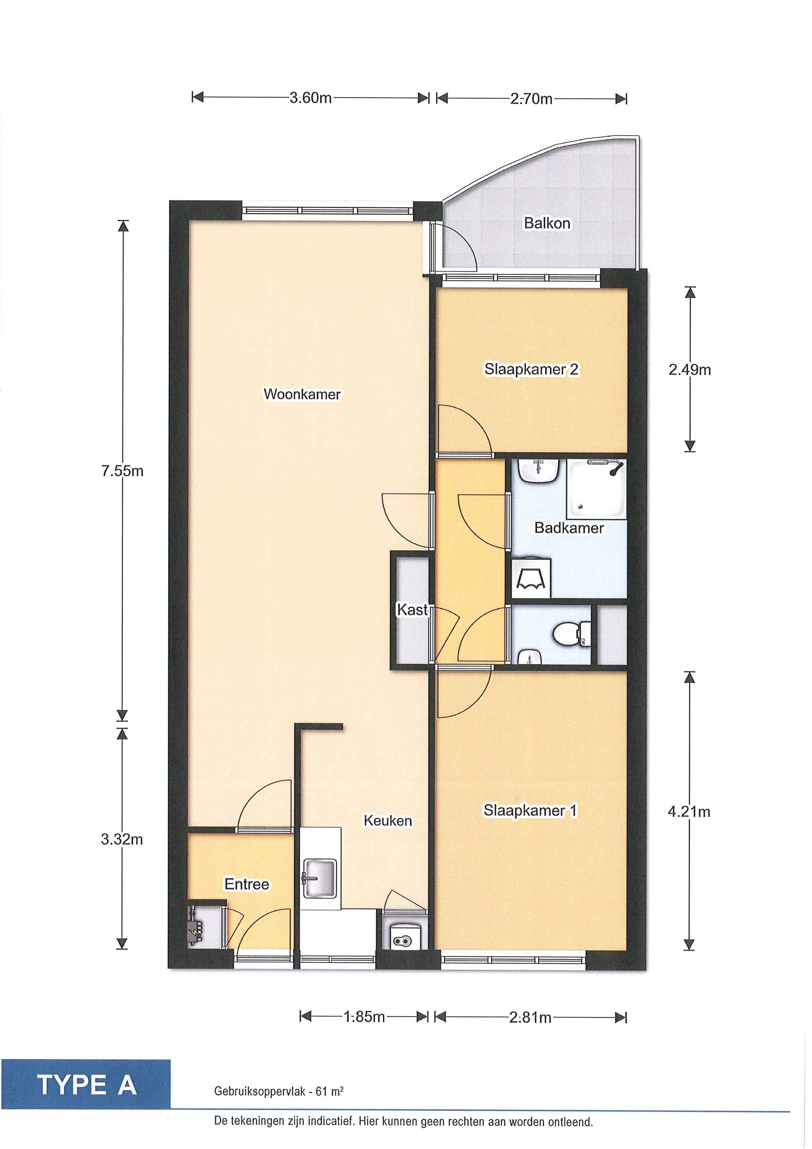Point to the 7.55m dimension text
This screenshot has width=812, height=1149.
tap(122, 471)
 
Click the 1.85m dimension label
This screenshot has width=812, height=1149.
tap(364, 1017)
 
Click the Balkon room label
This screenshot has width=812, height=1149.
tap(547, 223)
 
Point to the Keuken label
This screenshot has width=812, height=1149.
tap(388, 821)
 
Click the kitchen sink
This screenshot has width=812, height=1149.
tap(319, 878)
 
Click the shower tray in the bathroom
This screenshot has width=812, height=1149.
tap(596, 489)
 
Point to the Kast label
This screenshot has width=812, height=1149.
tap(412, 610)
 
